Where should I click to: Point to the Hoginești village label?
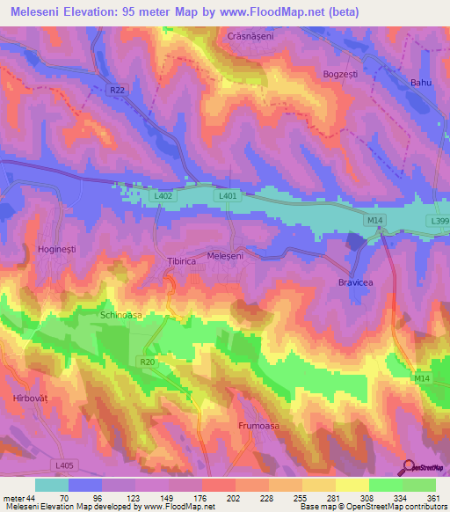57,250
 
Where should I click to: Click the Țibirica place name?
182,261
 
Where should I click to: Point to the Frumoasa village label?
258,426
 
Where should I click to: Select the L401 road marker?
227,196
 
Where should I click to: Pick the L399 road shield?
439,221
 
